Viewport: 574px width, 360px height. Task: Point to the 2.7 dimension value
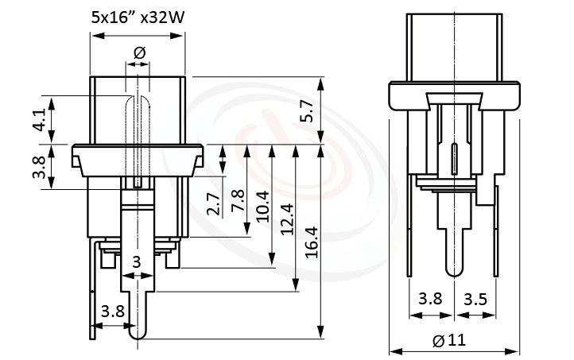pyautogui.click(x=212, y=204)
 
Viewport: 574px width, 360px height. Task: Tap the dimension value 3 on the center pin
pyautogui.click(x=136, y=262)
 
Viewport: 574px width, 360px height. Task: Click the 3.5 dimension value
pyautogui.click(x=475, y=300)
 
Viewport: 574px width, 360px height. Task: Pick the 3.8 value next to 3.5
pyautogui.click(x=430, y=300)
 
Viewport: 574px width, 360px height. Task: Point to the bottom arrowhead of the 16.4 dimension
pyautogui.click(x=321, y=334)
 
